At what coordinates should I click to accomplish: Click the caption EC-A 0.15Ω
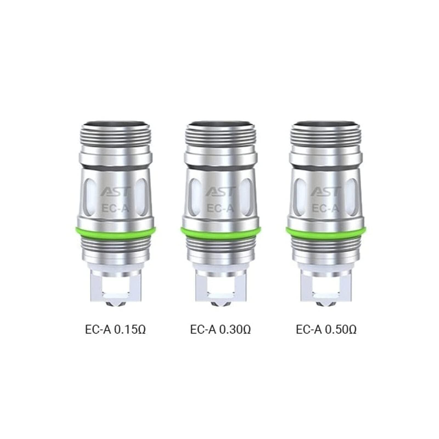[x=115, y=329]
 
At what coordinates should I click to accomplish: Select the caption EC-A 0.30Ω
[x=220, y=329]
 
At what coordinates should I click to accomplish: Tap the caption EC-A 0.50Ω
[x=326, y=329]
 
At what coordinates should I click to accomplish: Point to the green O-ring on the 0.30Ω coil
[x=220, y=231]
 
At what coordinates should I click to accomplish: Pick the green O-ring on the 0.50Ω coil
[x=326, y=231]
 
